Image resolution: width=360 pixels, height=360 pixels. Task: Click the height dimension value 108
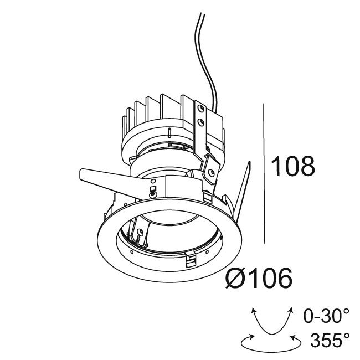pos(292,166)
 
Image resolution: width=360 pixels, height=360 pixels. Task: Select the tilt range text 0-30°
pos(327,316)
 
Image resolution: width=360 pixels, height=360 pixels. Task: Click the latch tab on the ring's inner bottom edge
pos(190,258)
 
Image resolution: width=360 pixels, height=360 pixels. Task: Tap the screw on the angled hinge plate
pos(211,172)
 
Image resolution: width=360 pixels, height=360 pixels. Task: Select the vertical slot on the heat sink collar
pos(168,133)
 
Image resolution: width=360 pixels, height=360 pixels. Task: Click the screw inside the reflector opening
pos(140,233)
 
